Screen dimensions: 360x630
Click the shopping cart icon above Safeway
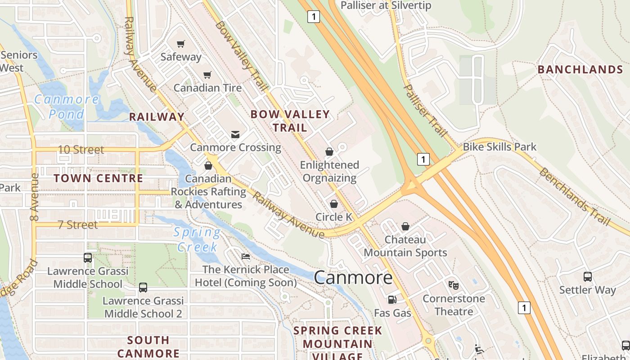coord(181,44)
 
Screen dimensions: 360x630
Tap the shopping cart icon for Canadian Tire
coord(207,75)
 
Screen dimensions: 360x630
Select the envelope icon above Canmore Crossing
coord(235,134)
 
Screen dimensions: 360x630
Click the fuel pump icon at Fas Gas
coord(392,299)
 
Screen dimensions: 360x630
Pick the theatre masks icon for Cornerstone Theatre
coord(454,285)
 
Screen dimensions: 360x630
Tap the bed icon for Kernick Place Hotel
coord(246,256)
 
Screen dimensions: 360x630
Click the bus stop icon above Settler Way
coord(587,276)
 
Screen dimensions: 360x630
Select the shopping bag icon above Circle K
coord(334,204)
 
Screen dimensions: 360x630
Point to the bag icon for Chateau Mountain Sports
coord(405,226)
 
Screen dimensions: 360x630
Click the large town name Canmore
coord(353,277)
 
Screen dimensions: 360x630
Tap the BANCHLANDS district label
coord(580,69)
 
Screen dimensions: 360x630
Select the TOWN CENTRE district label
coord(98,178)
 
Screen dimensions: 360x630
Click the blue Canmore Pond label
coord(67,107)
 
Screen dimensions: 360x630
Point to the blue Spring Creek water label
coord(197,239)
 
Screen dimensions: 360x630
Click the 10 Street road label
coord(81,149)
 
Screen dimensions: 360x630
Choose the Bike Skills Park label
coord(499,147)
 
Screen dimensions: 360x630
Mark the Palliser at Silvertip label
coord(386,5)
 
